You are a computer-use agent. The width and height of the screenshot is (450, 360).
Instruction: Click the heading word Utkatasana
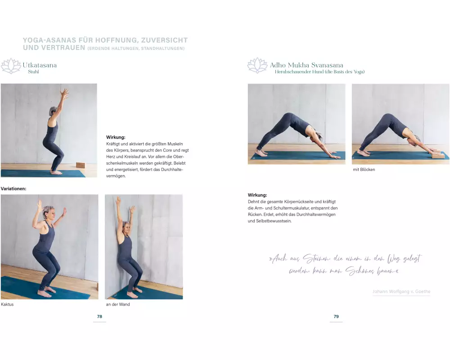[x=40, y=65]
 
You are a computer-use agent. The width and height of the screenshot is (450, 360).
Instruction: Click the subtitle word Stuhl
[x=33, y=72]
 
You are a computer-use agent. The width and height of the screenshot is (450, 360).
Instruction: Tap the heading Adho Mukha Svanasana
[x=306, y=65]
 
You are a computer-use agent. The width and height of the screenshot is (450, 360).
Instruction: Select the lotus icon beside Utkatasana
[x=11, y=66]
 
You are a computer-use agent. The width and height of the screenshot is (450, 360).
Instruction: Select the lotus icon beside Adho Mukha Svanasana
[x=257, y=65]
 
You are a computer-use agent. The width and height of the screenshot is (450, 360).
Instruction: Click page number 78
[x=99, y=316]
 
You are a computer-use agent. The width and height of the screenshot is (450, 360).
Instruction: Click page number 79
[x=336, y=316]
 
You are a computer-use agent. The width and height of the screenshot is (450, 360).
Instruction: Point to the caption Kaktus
[x=7, y=304]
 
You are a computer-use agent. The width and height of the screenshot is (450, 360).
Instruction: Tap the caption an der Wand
[x=117, y=304]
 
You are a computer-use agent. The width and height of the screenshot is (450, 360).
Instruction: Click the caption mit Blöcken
[x=364, y=169]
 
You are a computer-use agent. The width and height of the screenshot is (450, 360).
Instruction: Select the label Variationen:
[x=13, y=189]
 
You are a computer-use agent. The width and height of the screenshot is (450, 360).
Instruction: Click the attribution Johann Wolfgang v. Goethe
[x=401, y=292]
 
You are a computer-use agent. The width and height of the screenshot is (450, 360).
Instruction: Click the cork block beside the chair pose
[x=81, y=165]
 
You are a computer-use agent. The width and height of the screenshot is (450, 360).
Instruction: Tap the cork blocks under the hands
[x=437, y=155]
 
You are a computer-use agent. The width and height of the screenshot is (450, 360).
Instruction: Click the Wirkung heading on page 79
[x=257, y=195]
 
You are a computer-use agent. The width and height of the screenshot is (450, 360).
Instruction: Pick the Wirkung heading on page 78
[x=116, y=137]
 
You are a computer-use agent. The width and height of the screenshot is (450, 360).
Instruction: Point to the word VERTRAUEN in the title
[x=54, y=48]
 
